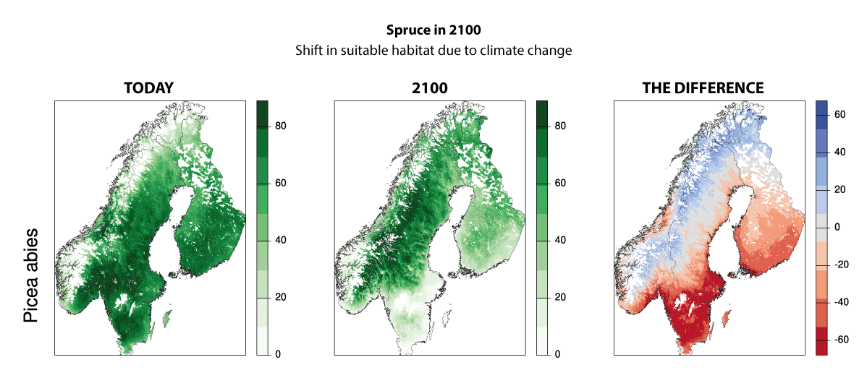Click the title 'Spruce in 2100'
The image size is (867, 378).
pos(433,33)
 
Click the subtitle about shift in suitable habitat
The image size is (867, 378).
pos(433,51)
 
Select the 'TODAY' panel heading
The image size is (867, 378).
pos(148,88)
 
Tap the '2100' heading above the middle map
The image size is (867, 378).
pos(428,88)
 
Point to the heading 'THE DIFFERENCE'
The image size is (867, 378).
pos(703,88)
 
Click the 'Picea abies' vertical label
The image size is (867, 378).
pos(30,277)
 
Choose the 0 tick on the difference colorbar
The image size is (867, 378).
pos(837,227)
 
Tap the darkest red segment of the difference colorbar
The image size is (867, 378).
pos(821,341)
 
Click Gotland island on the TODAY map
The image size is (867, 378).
pos(167,317)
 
